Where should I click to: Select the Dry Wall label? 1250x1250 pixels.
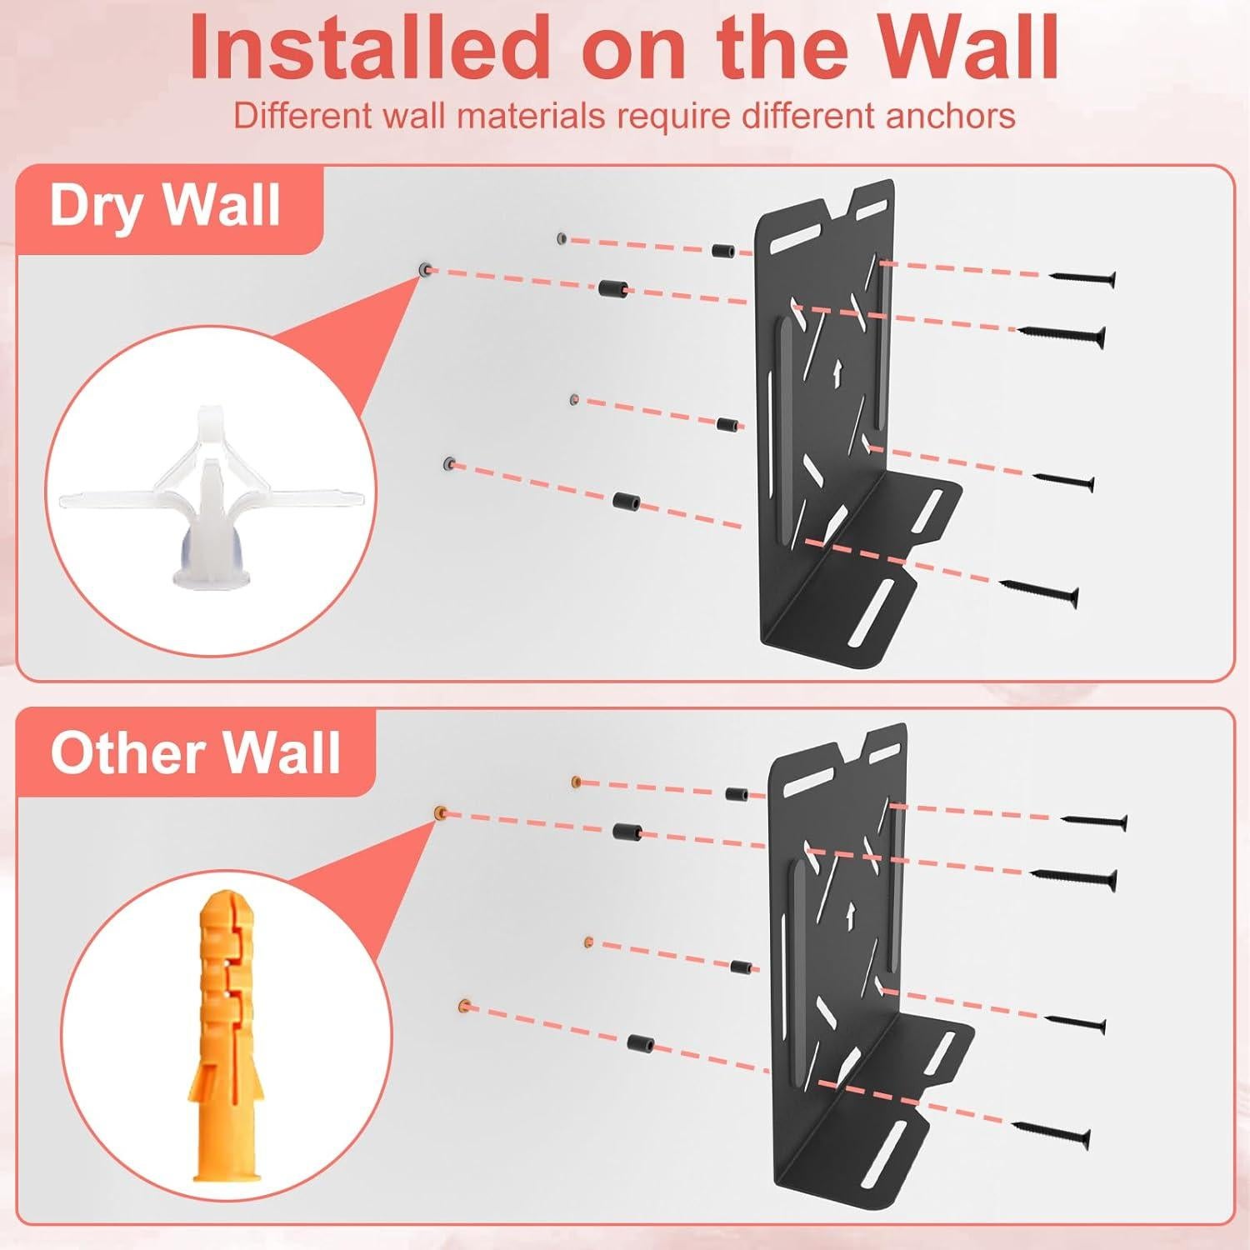[x=164, y=205]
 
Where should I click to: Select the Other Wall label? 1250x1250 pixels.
[x=195, y=752]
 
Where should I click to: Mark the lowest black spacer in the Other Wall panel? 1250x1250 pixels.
[x=639, y=1042]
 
